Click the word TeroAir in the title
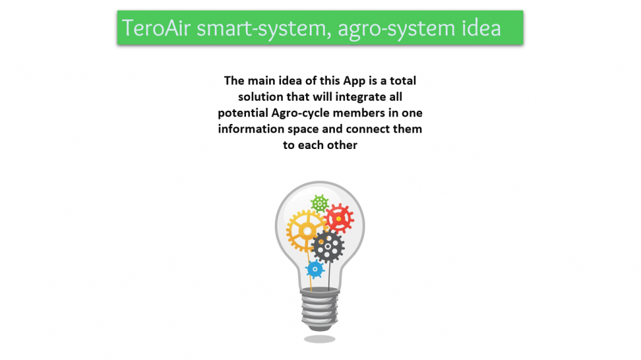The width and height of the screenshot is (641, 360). (x=156, y=28)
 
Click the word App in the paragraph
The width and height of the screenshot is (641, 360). (x=354, y=81)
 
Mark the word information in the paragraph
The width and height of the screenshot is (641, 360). (x=250, y=129)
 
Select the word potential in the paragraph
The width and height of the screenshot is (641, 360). (x=243, y=113)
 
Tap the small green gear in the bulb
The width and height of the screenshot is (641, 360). (x=320, y=203)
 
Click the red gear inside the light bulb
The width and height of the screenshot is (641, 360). (x=339, y=219)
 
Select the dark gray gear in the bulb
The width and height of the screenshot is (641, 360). (x=327, y=247)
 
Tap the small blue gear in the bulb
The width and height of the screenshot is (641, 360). (x=315, y=269)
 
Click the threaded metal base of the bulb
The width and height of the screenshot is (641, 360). (x=320, y=309)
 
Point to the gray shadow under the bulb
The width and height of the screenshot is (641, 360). (x=320, y=339)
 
